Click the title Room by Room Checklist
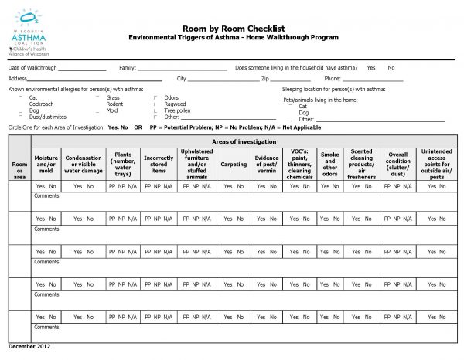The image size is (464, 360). [233, 28]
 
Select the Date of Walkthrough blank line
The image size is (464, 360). [83, 69]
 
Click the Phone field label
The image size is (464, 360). [333, 79]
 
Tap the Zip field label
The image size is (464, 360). [264, 79]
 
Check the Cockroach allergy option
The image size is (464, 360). [41, 104]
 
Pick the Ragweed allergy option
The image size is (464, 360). [175, 104]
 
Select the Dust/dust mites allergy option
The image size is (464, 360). [46, 116]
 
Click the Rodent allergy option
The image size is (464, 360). [114, 104]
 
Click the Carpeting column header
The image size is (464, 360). [234, 164]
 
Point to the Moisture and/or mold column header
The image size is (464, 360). [46, 164]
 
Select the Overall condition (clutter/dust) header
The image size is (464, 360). [398, 164]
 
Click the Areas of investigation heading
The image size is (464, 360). [244, 141]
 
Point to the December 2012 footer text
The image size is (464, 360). [29, 346]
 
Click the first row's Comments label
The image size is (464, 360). [47, 195]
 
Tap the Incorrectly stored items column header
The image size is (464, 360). [159, 164]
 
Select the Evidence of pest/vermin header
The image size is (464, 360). [267, 164]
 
